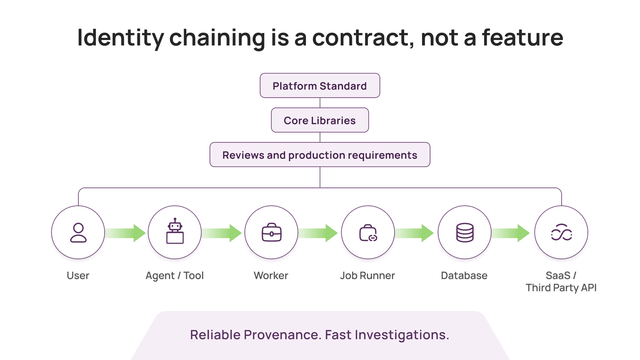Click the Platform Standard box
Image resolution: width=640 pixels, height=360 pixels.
pyautogui.click(x=320, y=86)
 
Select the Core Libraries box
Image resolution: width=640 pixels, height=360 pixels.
pyautogui.click(x=320, y=120)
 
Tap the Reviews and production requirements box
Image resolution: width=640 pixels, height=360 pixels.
pyautogui.click(x=320, y=155)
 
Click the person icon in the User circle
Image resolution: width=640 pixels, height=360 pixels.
pyautogui.click(x=78, y=232)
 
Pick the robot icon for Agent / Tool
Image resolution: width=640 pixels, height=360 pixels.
pyautogui.click(x=175, y=232)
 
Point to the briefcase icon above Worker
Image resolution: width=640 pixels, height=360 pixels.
pyautogui.click(x=271, y=232)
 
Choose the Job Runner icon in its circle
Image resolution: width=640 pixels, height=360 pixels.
pyautogui.click(x=368, y=233)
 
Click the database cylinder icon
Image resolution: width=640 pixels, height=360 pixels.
pyautogui.click(x=465, y=232)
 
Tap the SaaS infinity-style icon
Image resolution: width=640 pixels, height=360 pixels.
pyautogui.click(x=561, y=232)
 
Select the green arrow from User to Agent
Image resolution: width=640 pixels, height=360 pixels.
pyautogui.click(x=126, y=233)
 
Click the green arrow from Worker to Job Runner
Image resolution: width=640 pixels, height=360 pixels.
pyautogui.click(x=318, y=233)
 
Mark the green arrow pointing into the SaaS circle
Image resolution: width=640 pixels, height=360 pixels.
pyautogui.click(x=511, y=233)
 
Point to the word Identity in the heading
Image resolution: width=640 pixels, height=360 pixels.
pyautogui.click(x=121, y=38)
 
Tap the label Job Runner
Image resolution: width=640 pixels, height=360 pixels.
pyautogui.click(x=367, y=276)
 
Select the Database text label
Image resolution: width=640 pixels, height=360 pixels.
pyautogui.click(x=464, y=276)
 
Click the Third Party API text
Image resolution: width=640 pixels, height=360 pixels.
pyautogui.click(x=561, y=288)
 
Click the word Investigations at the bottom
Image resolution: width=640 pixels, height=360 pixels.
pyautogui.click(x=402, y=335)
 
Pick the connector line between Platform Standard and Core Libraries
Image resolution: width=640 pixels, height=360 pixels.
pyautogui.click(x=320, y=103)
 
